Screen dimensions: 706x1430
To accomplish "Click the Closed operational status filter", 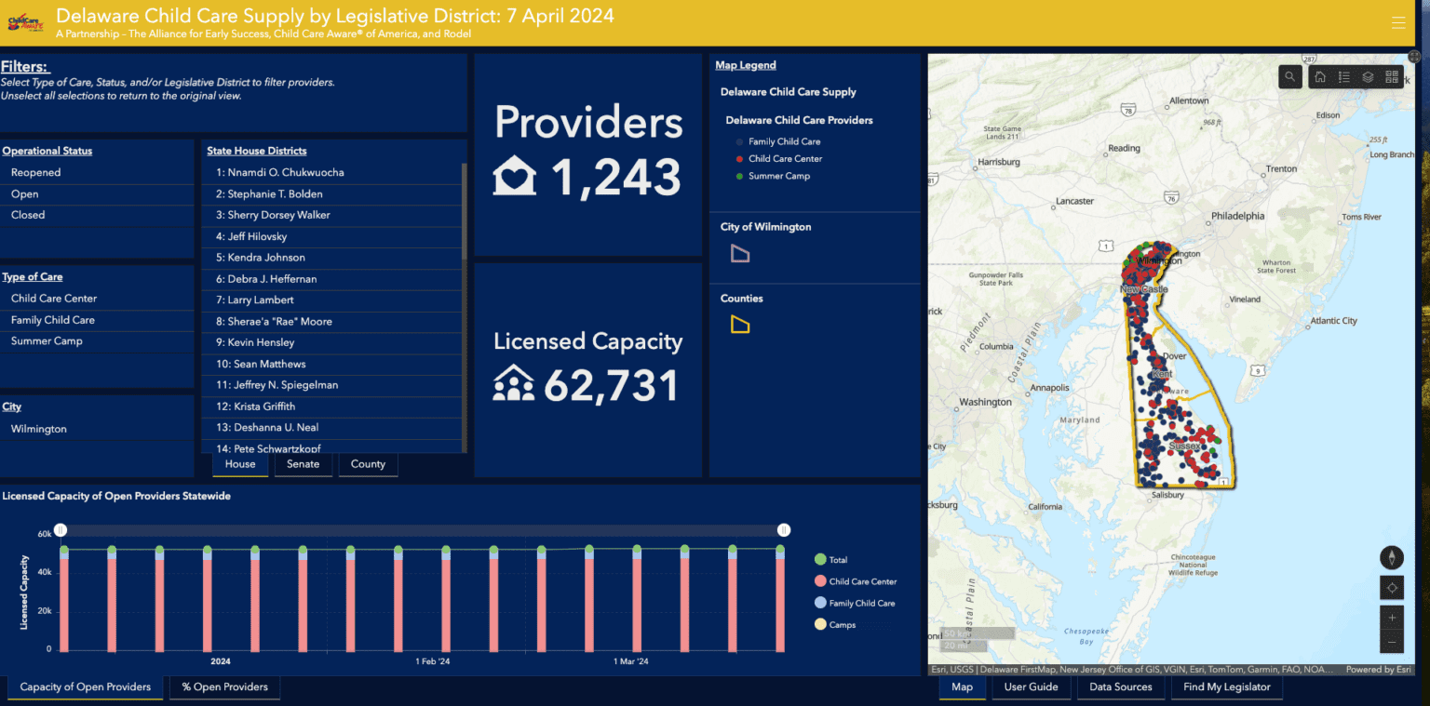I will [28, 215].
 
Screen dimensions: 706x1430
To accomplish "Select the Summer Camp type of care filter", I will [47, 341].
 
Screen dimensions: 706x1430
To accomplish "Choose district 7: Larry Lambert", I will [255, 300].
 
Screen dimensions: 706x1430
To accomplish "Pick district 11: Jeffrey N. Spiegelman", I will [277, 385].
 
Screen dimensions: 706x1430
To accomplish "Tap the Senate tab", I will [303, 464].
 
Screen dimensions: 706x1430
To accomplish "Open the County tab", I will [368, 464].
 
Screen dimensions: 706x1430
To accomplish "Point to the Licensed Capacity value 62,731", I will [611, 385].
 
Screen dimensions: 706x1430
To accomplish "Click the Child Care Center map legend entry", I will [785, 159].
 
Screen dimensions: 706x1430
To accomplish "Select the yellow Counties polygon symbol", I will [740, 325].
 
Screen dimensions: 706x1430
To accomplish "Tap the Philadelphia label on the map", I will [1237, 216].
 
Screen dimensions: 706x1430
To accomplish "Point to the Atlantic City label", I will [1333, 321].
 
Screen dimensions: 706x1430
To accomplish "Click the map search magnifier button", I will [1289, 77].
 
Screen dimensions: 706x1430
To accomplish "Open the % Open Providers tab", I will [224, 687].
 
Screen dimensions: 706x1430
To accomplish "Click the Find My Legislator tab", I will [1226, 687].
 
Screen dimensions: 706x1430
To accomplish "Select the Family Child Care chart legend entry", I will [861, 604].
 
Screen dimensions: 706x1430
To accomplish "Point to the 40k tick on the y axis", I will [45, 572].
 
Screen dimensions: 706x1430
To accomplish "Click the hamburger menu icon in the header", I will [1398, 23].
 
